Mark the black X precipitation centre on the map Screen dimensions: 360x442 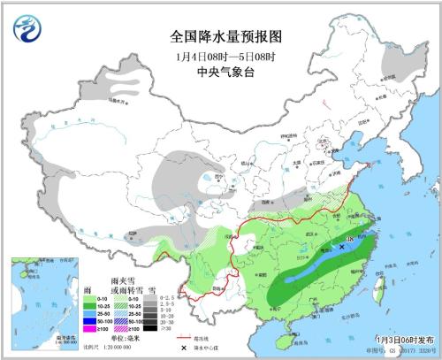tap(342, 248)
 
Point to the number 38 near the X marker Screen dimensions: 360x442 tap(350, 239)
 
